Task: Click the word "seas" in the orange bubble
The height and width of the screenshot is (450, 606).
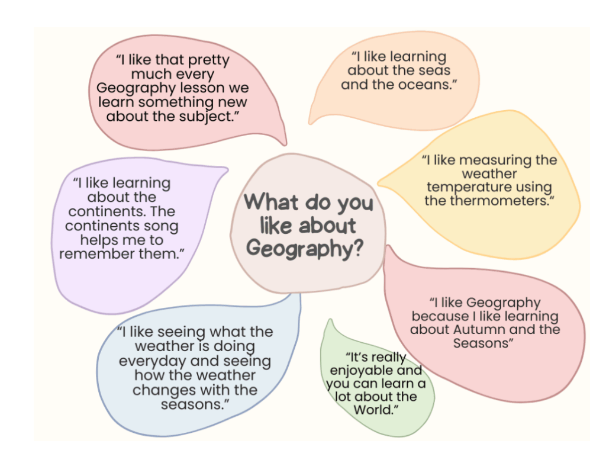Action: (x=435, y=70)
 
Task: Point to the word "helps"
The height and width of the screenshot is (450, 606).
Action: (x=99, y=240)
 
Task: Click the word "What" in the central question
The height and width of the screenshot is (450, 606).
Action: (x=270, y=202)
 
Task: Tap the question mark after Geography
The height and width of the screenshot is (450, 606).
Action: (x=358, y=248)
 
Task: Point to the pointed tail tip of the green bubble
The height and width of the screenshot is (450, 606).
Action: (x=330, y=320)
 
